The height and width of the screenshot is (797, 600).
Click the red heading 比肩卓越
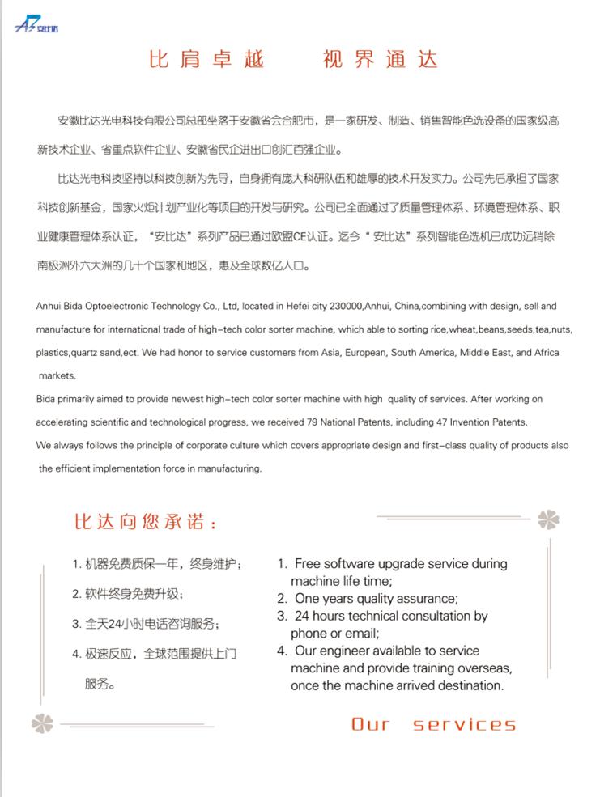(206, 60)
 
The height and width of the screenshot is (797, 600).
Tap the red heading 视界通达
(380, 60)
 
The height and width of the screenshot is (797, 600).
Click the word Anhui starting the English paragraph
(49, 307)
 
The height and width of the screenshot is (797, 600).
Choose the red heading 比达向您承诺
(146, 523)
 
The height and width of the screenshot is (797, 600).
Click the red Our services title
(433, 724)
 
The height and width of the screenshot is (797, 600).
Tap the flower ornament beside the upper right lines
(548, 519)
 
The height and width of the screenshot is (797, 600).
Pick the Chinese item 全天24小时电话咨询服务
(145, 624)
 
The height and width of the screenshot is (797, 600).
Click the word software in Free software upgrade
(349, 563)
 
